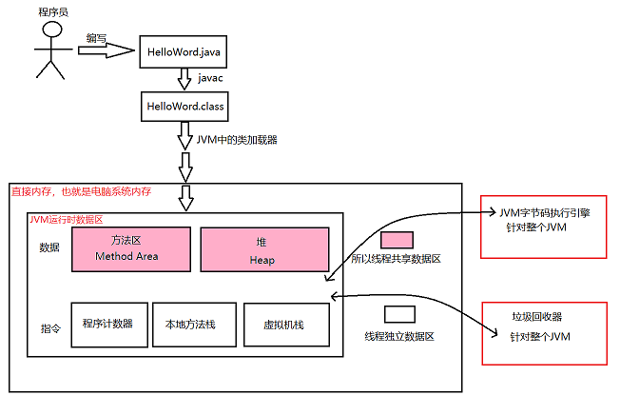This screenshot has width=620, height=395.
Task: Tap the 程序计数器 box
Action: [x=114, y=325]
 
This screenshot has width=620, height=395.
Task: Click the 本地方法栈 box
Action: [x=190, y=325]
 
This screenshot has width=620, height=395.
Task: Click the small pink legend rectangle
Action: [x=397, y=240]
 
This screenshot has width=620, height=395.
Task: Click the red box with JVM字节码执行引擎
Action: [x=544, y=229]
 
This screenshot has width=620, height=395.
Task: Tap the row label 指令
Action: [x=50, y=324]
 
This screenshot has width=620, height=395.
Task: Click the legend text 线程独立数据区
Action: [x=398, y=337]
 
